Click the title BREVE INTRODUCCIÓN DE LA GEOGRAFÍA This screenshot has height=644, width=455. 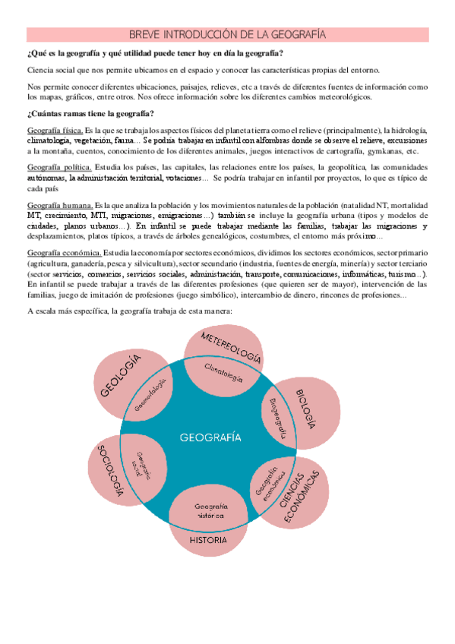click(227, 35)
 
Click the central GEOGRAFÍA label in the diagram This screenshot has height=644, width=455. click(210, 437)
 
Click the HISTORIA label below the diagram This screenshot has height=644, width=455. click(208, 540)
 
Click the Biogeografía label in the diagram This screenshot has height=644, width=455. click(276, 412)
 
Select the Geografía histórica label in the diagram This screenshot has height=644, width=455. click(208, 510)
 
